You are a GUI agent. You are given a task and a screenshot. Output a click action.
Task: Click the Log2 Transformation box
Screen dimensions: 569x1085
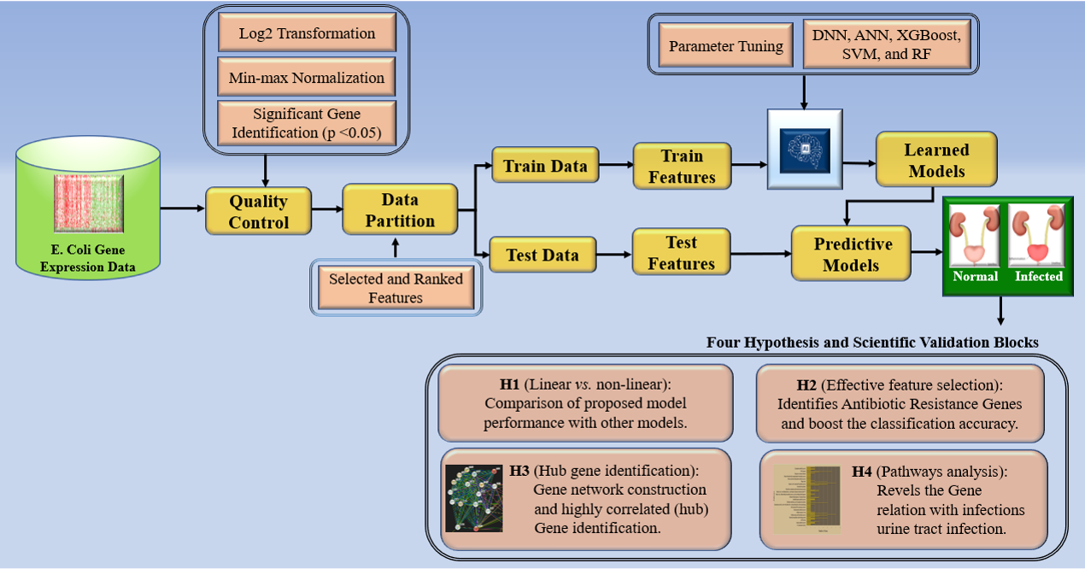click(307, 34)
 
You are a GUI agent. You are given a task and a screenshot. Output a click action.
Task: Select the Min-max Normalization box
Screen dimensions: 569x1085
click(307, 78)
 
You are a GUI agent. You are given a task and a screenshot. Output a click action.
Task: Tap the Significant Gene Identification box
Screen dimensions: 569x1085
click(307, 123)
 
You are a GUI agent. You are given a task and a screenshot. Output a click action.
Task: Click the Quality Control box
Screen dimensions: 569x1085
click(258, 212)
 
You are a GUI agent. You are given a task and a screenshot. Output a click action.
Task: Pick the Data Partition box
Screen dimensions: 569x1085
click(400, 210)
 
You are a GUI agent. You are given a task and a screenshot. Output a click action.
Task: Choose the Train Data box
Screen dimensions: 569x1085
click(545, 166)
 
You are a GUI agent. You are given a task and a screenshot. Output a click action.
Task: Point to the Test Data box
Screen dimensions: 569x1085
click(542, 255)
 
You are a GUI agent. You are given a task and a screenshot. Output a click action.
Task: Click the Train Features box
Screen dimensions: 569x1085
click(682, 167)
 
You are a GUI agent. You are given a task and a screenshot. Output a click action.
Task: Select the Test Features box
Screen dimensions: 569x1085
click(681, 253)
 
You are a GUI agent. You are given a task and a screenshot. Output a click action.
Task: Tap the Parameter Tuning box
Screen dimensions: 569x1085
click(726, 46)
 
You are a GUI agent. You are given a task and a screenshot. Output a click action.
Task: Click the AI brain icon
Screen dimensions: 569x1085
click(805, 149)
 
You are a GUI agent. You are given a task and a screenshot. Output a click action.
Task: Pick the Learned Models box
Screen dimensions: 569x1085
click(936, 160)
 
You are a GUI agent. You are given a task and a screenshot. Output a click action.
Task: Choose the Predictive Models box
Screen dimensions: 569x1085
click(851, 254)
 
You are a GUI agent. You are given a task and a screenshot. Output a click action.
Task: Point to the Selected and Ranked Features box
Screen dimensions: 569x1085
click(396, 288)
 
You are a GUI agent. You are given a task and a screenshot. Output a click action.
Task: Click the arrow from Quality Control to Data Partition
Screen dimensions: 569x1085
click(326, 210)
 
